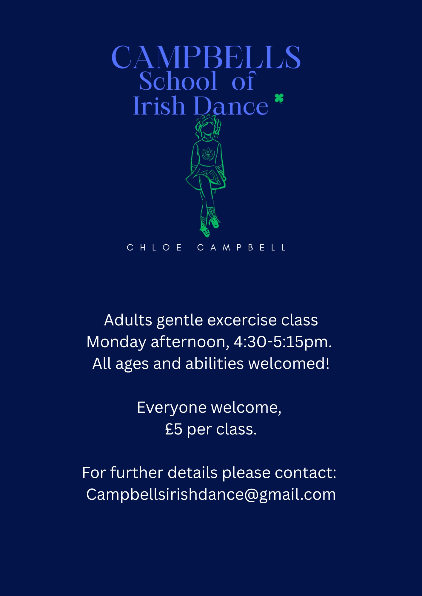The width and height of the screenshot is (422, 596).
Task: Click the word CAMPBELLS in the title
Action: coord(206,57)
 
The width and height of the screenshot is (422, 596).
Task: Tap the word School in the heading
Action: coord(178,81)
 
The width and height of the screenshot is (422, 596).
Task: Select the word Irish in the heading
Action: coord(159,105)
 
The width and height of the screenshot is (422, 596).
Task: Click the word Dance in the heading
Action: coord(231,105)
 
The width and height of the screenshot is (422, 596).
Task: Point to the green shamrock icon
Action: coord(279,98)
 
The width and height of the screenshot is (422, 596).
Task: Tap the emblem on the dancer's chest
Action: coord(208,154)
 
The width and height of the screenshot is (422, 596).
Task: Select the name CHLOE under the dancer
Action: coord(154,248)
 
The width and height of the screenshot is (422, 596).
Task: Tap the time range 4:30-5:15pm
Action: coord(283,342)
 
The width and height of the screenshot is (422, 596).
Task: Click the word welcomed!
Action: coord(289,364)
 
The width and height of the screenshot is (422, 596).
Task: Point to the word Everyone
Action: coord(172,408)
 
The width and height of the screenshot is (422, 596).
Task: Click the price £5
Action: coord(174,429)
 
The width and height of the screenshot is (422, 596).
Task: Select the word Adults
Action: coord(128,320)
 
